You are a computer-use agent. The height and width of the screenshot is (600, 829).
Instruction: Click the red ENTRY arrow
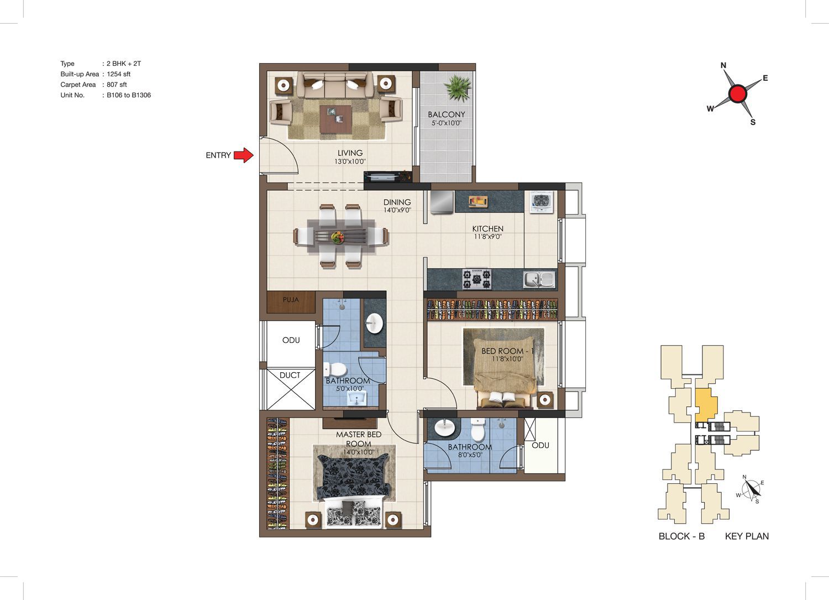(x=244, y=155)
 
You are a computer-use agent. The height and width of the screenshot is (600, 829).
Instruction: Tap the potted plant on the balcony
(x=458, y=87)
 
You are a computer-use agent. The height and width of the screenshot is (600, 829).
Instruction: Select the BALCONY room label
(x=447, y=114)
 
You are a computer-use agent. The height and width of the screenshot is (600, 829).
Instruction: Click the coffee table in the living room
(x=335, y=119)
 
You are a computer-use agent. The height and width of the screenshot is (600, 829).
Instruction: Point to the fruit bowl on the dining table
(x=337, y=237)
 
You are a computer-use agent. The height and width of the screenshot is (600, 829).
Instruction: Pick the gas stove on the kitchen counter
(x=477, y=279)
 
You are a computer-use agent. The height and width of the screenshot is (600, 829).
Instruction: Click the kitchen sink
(x=539, y=280)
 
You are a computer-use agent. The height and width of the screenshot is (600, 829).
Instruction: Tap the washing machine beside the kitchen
(x=542, y=202)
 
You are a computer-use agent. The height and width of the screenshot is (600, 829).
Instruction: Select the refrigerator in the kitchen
(x=442, y=202)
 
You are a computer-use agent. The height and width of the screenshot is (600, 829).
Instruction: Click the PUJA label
(x=291, y=300)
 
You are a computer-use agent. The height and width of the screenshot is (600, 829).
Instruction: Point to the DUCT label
(x=290, y=375)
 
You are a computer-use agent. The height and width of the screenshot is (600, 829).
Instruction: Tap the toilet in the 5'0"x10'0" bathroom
(x=335, y=369)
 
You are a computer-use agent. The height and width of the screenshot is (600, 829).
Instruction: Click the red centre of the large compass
(x=738, y=93)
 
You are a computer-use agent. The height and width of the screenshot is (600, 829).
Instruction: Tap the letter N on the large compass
(x=723, y=66)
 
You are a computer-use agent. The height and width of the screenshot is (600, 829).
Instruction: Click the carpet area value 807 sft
(x=117, y=85)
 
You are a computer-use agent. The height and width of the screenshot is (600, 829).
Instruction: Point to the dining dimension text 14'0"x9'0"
(x=397, y=210)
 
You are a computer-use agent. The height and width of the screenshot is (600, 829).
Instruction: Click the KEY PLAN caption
(x=747, y=536)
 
